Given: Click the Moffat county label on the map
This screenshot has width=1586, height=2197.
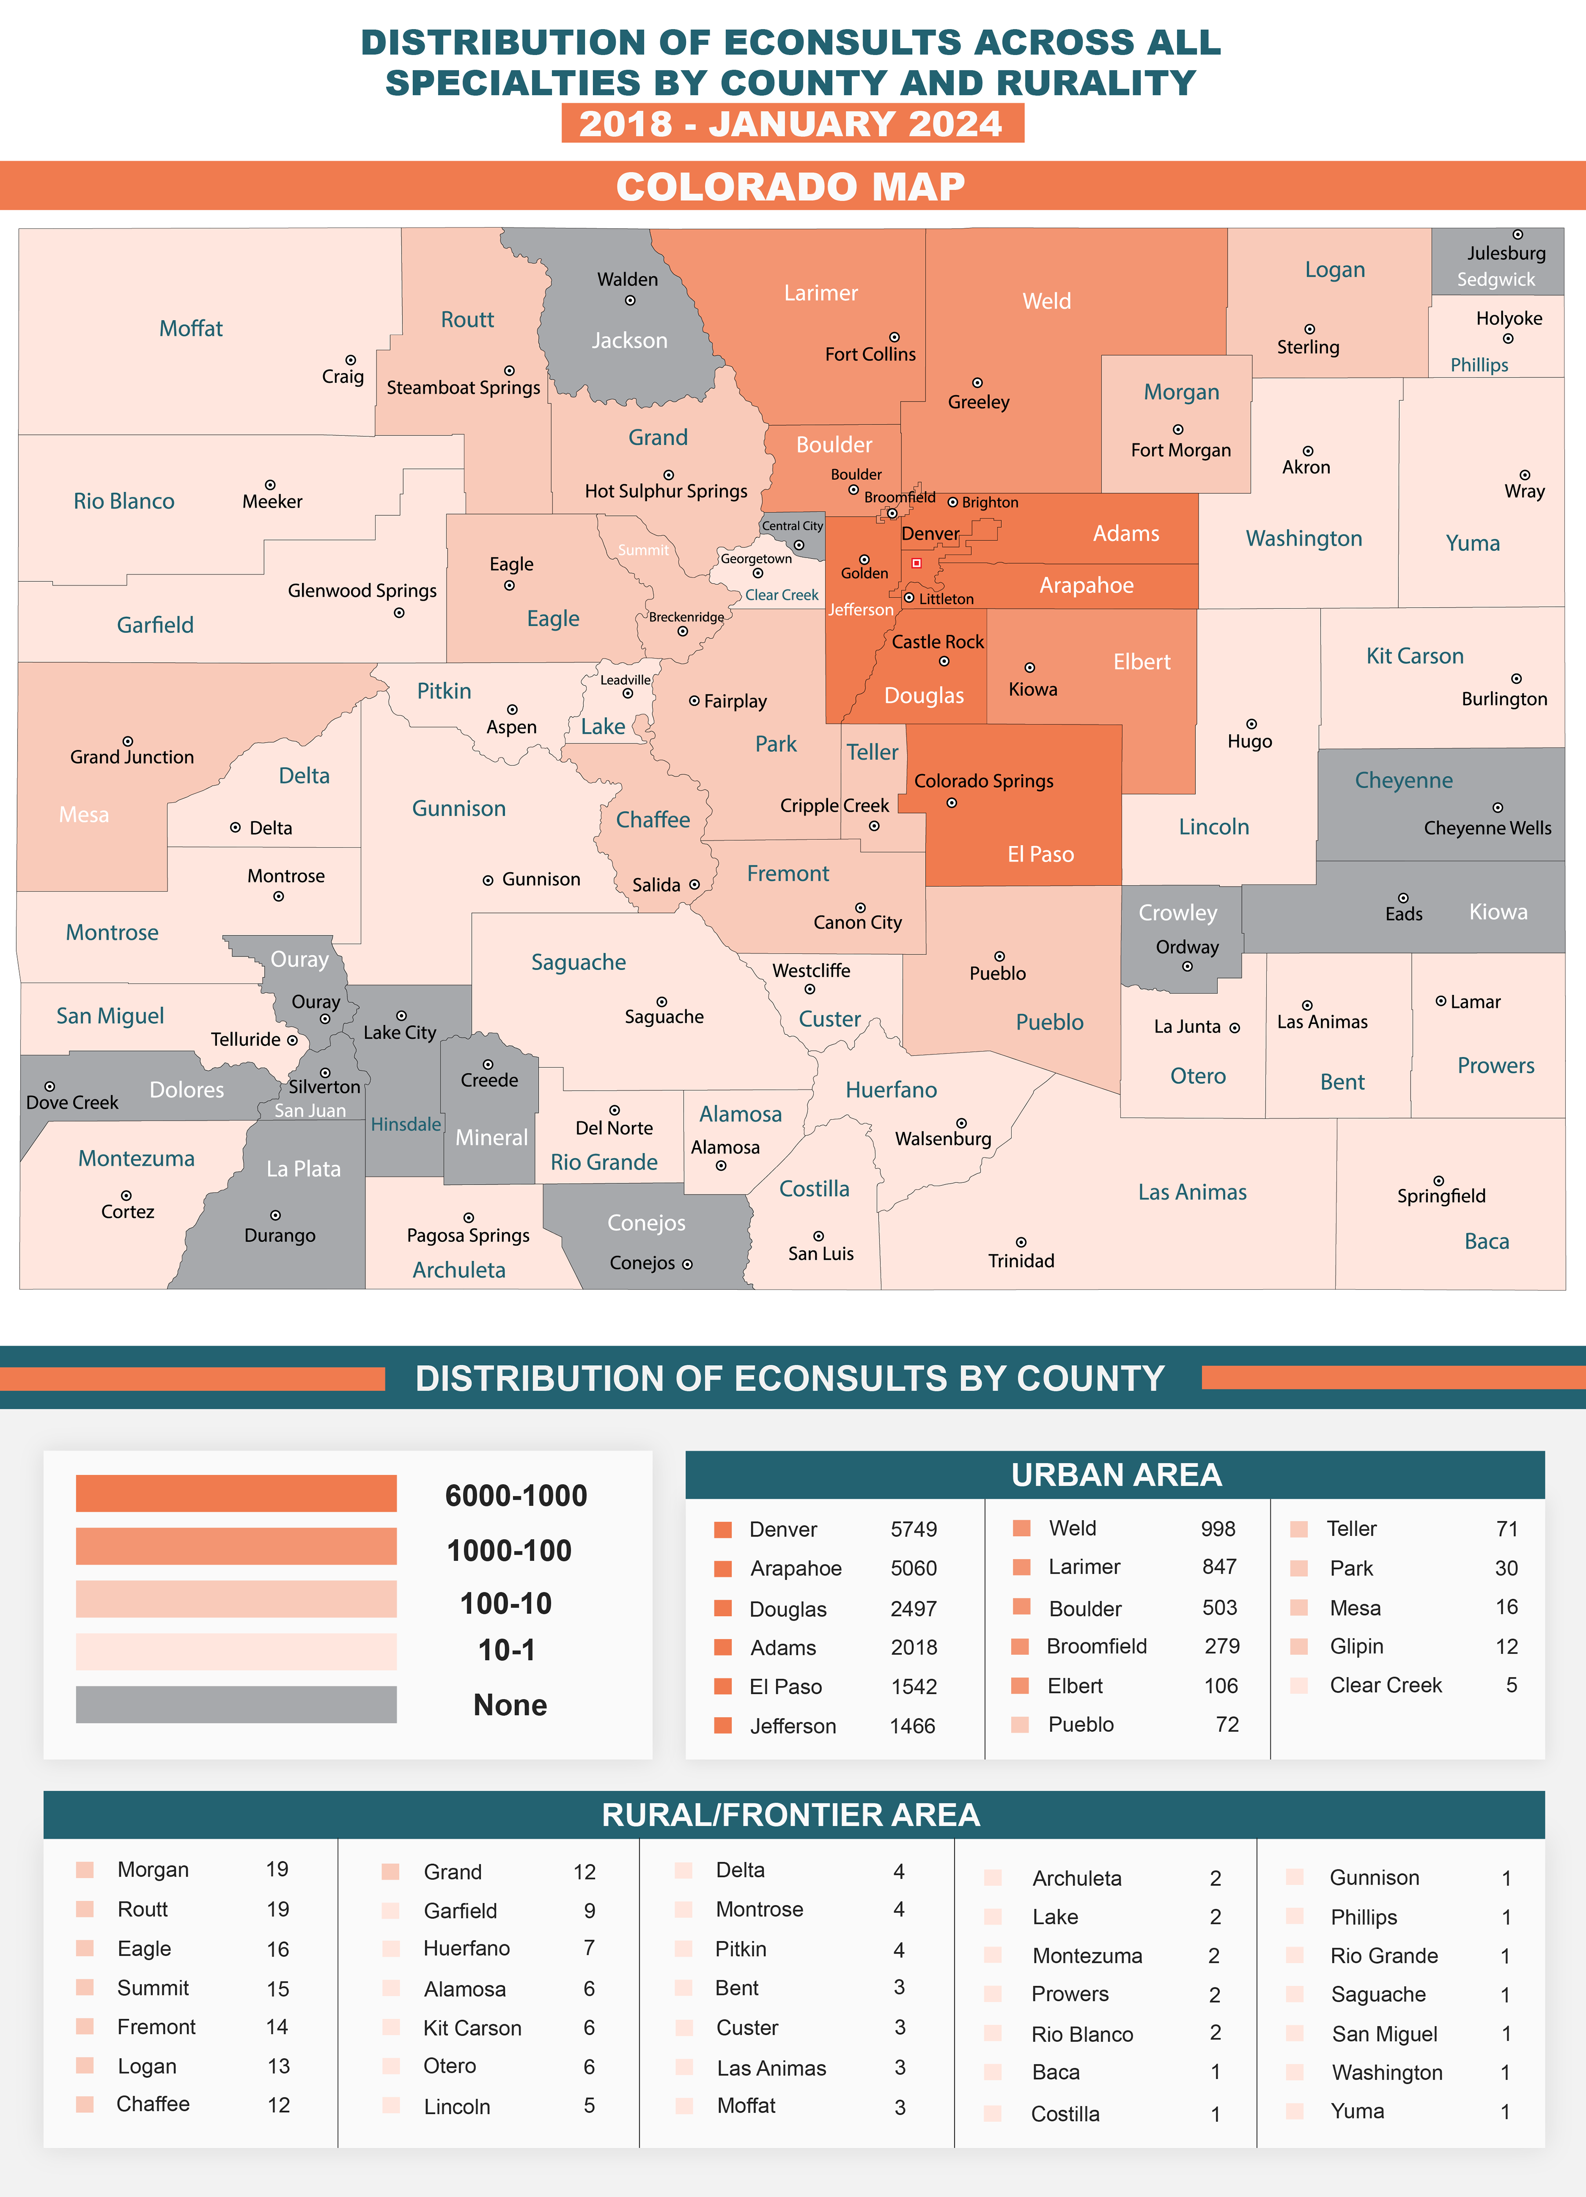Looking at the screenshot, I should [x=191, y=328].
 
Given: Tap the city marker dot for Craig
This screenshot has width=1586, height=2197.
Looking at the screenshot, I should [x=351, y=360].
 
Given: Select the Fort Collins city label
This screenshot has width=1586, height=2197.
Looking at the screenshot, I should [x=870, y=355].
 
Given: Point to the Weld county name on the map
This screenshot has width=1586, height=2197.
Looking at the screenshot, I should [x=1046, y=301].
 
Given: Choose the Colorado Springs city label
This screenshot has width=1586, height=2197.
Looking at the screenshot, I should [x=983, y=781].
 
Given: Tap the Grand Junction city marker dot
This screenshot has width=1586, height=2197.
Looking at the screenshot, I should [x=128, y=741].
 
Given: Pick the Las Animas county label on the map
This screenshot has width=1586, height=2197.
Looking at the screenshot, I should [x=1191, y=1193].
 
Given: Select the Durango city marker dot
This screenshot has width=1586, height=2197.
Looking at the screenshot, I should [x=275, y=1215].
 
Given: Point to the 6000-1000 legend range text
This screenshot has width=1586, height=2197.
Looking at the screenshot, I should [x=515, y=1496].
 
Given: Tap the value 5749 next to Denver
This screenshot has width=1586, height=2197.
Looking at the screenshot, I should [x=914, y=1530].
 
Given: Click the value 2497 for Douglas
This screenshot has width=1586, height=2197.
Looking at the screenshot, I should [x=914, y=1609].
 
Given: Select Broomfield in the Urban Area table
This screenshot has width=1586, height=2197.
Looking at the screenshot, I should [x=1097, y=1647].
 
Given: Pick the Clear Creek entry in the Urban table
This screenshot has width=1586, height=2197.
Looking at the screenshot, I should [x=1386, y=1686].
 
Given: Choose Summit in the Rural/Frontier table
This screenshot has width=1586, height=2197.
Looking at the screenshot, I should [x=153, y=1988].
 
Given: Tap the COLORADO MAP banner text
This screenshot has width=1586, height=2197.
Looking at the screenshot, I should [x=790, y=186].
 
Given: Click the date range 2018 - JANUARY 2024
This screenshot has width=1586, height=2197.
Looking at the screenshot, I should [x=790, y=124].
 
